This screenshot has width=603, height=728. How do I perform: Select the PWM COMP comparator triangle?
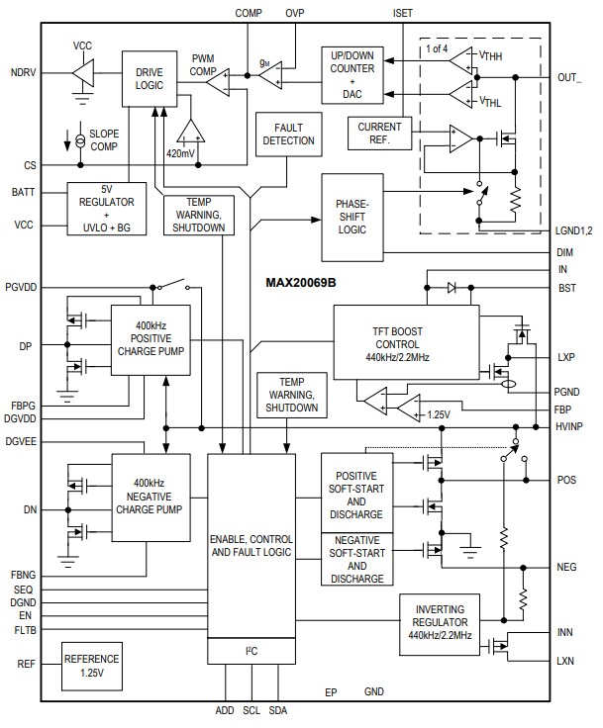tap(217, 82)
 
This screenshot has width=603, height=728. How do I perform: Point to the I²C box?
tap(251, 650)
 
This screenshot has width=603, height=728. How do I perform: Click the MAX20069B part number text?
tap(301, 283)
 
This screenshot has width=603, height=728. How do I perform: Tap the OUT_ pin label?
tap(570, 77)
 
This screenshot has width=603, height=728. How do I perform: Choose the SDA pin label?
tap(278, 711)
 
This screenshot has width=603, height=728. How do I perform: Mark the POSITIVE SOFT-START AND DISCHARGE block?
tap(356, 494)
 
